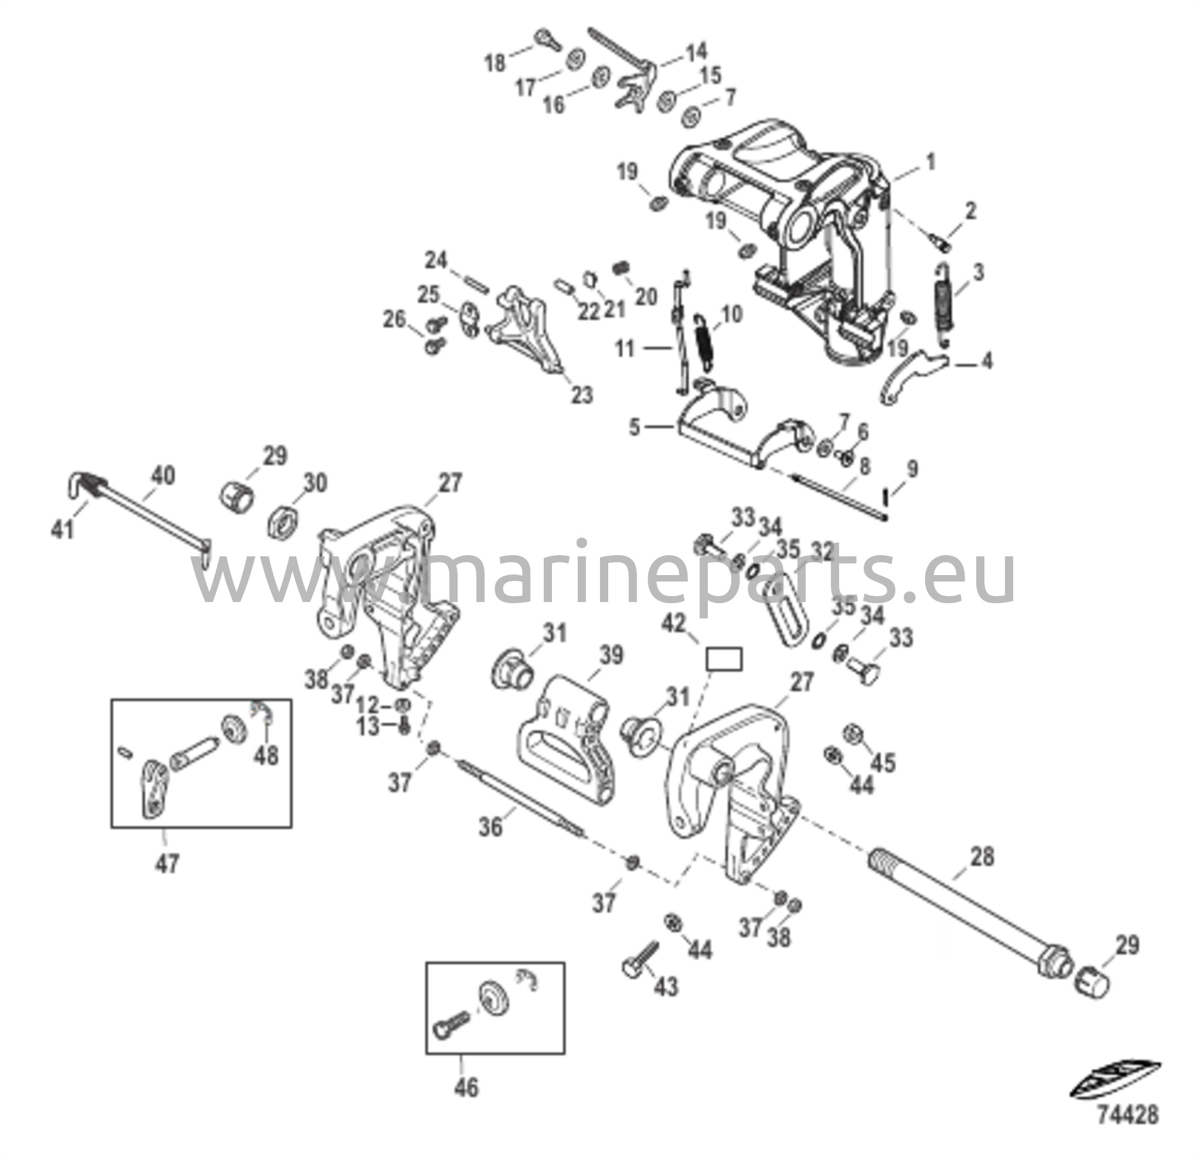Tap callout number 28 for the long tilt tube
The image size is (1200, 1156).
(983, 856)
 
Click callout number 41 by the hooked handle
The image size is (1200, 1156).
(63, 528)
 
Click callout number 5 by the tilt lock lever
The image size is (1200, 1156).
(635, 426)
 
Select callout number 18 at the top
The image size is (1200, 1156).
(496, 63)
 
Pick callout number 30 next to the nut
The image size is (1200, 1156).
(315, 483)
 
